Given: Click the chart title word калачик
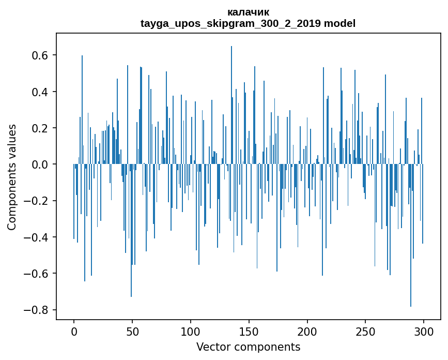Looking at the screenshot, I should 248,12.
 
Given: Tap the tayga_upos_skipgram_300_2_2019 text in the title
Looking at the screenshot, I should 230,23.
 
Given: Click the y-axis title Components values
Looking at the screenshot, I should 12,177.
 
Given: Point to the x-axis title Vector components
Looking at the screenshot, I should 248,347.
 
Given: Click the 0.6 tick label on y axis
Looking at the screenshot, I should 40,55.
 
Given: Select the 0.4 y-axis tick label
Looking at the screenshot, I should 40,92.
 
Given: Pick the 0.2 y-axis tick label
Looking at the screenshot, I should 40,128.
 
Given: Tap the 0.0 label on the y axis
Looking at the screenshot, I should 40,164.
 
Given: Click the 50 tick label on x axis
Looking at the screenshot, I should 132,331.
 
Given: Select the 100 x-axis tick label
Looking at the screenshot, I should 191,331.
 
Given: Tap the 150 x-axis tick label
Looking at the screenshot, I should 249,331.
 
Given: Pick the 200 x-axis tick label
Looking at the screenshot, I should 307,331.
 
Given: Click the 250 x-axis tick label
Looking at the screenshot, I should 365,331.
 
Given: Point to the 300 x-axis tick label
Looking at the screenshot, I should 424,331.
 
